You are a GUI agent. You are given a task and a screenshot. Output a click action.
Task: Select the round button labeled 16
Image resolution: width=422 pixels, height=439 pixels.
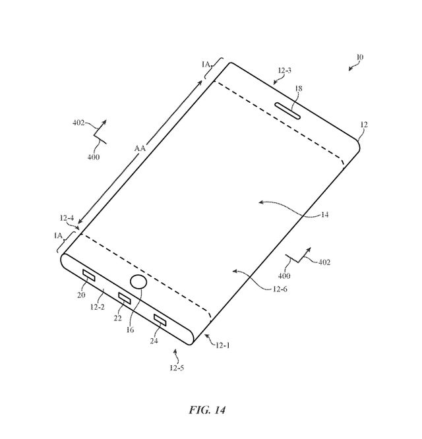[138, 283]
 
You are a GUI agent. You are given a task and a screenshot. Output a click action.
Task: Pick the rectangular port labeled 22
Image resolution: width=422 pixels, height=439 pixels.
[124, 298]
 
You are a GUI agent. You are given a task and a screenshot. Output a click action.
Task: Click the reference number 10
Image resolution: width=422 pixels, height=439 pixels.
[360, 57]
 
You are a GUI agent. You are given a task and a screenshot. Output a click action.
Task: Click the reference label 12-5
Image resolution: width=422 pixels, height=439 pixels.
[176, 368]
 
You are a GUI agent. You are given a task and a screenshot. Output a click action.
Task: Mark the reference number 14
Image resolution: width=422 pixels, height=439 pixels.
[324, 214]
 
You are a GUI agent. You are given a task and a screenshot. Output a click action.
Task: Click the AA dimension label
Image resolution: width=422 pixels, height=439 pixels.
[140, 149]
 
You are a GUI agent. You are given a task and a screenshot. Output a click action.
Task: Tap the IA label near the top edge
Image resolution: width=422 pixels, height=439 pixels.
[205, 64]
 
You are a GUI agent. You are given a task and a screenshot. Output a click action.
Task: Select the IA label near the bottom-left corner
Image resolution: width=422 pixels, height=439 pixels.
[58, 235]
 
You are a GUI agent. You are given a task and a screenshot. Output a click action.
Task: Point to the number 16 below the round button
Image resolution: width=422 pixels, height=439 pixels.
[129, 330]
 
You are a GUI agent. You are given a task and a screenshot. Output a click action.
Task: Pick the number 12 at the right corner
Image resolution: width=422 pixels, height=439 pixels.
[364, 123]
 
